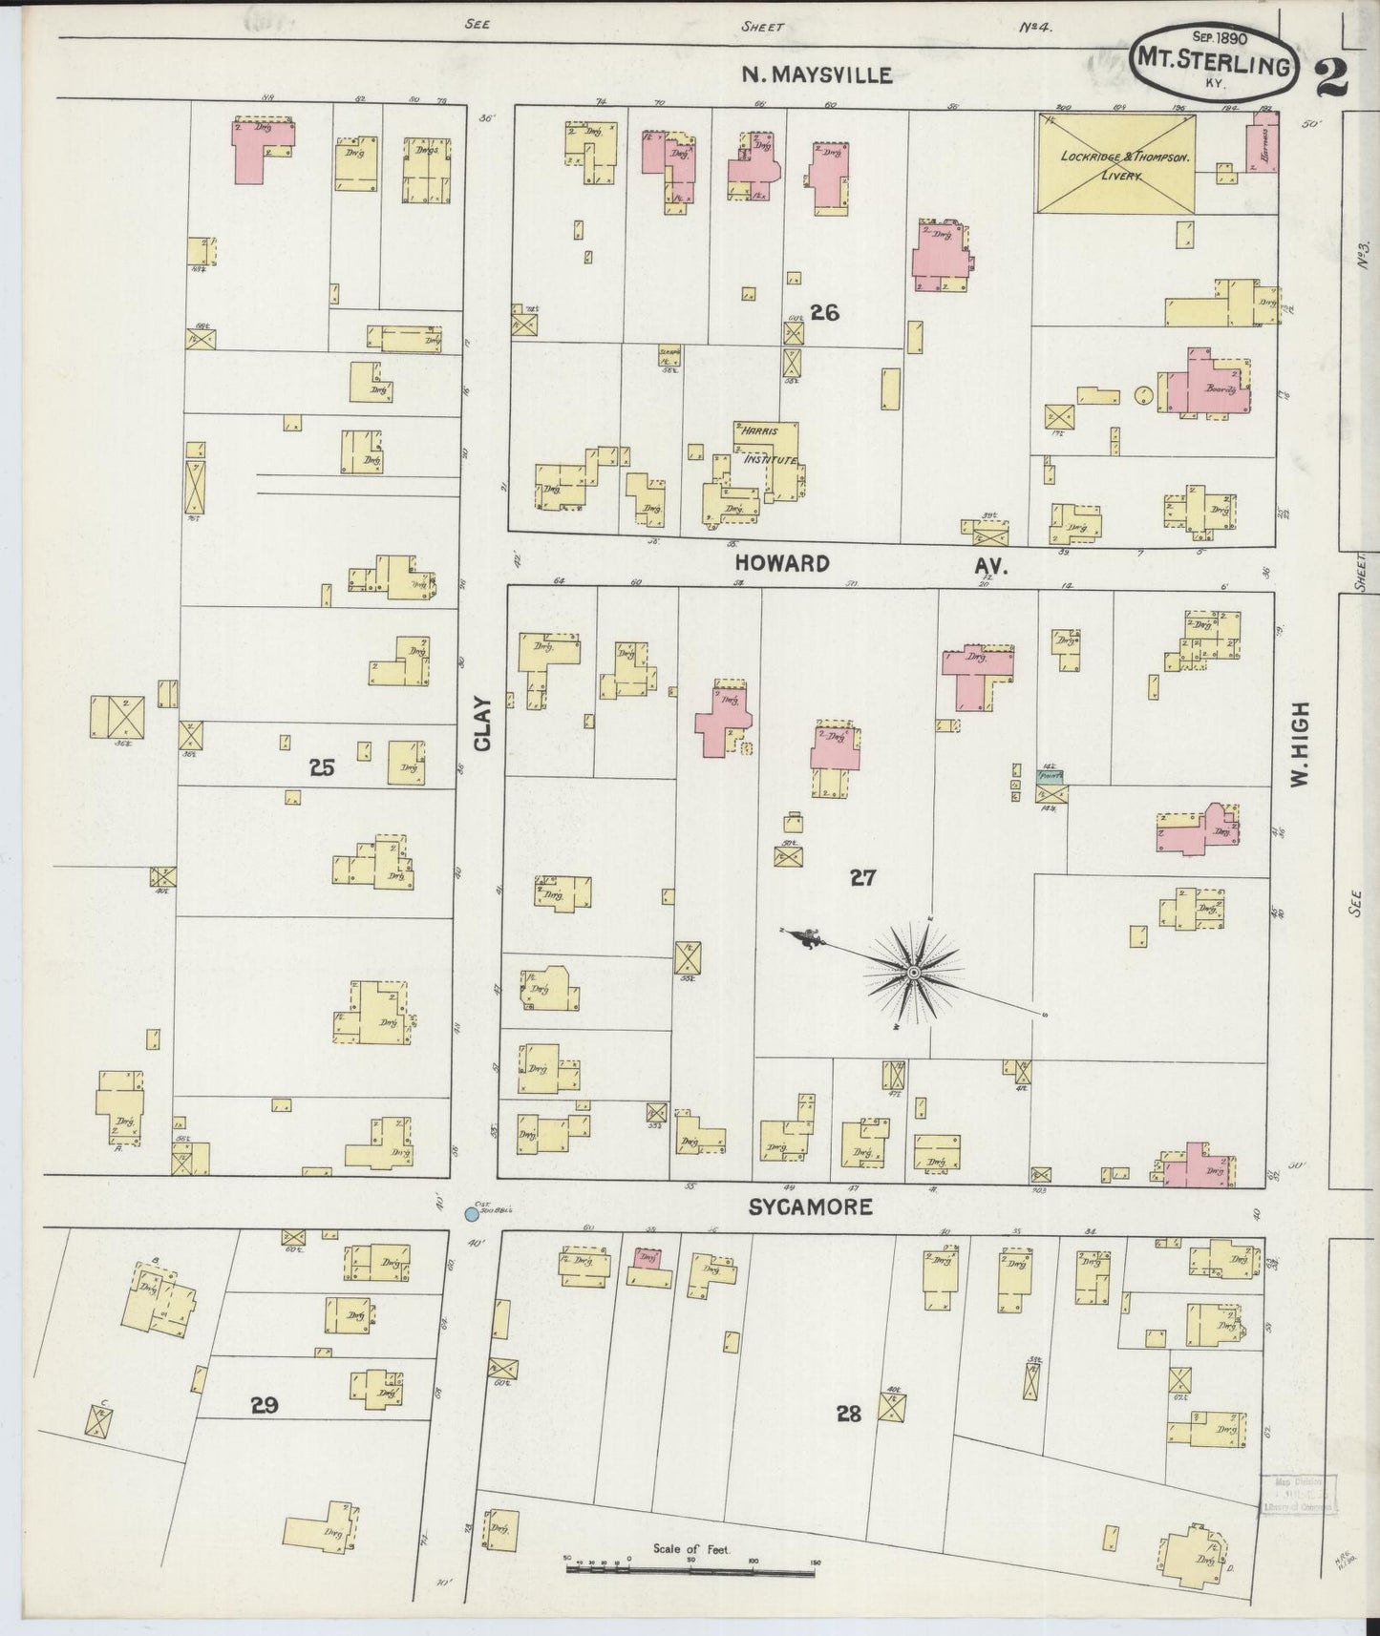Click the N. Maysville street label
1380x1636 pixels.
pyautogui.click(x=817, y=75)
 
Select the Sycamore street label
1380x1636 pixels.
pyautogui.click(x=810, y=1207)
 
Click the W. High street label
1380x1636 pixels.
pyautogui.click(x=1298, y=745)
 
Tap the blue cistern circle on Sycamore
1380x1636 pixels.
pyautogui.click(x=470, y=1215)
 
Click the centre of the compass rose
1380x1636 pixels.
pyautogui.click(x=913, y=973)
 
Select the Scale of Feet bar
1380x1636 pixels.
pyautogui.click(x=692, y=1566)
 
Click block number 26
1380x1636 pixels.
pyautogui.click(x=824, y=312)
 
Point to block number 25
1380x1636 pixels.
pyautogui.click(x=322, y=766)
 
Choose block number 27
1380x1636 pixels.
pyautogui.click(x=862, y=878)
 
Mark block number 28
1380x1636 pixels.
pyautogui.click(x=848, y=1414)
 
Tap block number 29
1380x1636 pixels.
pyautogui.click(x=265, y=1405)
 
